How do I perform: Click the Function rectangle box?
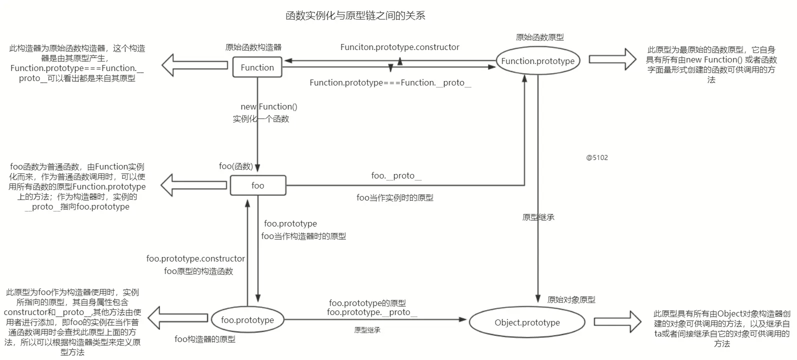click(x=257, y=67)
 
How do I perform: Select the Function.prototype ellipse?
click(x=537, y=61)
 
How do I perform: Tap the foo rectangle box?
click(x=257, y=185)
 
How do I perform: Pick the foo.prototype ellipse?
click(x=247, y=320)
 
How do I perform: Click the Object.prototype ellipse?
click(x=527, y=322)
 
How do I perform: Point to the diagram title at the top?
click(x=355, y=15)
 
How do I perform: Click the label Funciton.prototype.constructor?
click(x=399, y=47)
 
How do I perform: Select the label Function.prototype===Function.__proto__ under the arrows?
click(x=390, y=82)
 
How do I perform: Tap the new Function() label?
click(x=268, y=106)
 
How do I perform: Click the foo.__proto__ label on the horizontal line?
click(x=396, y=175)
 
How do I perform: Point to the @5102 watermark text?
click(x=597, y=157)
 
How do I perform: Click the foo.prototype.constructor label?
click(x=195, y=258)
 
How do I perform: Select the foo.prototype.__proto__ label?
click(x=371, y=312)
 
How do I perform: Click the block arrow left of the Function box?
click(x=194, y=65)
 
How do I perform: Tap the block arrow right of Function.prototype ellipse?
click(x=611, y=59)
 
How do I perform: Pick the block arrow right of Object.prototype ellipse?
click(x=617, y=322)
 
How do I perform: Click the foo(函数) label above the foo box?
click(x=236, y=166)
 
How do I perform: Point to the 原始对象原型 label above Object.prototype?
click(x=571, y=299)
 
